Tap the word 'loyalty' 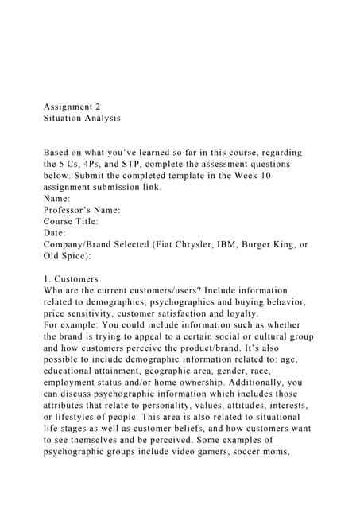(x=249, y=313)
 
